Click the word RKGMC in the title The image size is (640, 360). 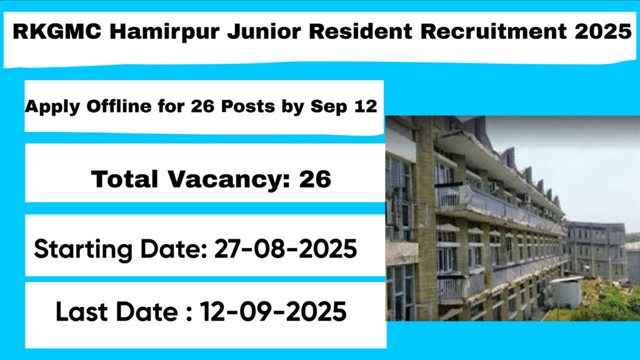(x=57, y=31)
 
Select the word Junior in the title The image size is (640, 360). (x=264, y=31)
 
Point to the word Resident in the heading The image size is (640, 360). (x=361, y=31)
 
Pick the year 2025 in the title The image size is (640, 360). (x=603, y=31)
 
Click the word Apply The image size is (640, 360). (x=52, y=107)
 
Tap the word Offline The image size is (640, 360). (x=119, y=106)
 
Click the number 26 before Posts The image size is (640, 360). (x=202, y=106)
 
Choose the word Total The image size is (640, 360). (x=124, y=179)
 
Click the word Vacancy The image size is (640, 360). (x=229, y=180)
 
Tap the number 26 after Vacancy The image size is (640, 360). (x=315, y=179)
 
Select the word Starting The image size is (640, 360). (x=83, y=249)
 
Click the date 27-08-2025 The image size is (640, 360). (x=285, y=249)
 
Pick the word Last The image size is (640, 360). (x=82, y=311)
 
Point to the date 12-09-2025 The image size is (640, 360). (x=273, y=311)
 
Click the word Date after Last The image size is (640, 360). (x=147, y=311)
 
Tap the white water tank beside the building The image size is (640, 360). (x=566, y=292)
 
